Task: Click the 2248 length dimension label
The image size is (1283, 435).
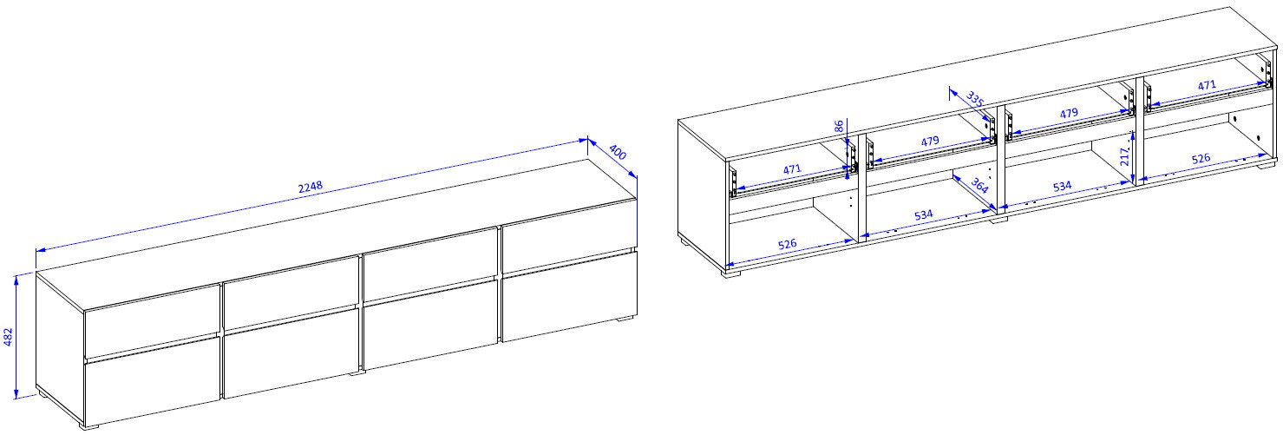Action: (x=311, y=186)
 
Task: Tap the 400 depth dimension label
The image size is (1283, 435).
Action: (x=618, y=153)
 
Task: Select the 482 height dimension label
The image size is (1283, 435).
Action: (x=9, y=337)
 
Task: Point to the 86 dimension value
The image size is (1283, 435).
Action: (x=839, y=126)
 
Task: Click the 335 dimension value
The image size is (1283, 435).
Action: (x=975, y=99)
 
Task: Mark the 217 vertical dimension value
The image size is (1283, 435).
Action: (x=1125, y=156)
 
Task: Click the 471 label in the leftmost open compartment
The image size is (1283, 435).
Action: (x=791, y=169)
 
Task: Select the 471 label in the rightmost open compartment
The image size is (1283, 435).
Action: (x=1207, y=85)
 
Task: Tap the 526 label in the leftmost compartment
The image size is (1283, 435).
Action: (x=788, y=244)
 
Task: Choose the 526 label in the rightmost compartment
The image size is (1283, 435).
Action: (x=1201, y=158)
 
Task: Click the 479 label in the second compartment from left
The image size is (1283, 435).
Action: (x=930, y=141)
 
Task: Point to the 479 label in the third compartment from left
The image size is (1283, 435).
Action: (x=1069, y=113)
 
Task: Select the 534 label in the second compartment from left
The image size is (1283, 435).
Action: (x=923, y=214)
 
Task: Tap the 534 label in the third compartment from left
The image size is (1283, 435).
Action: (x=1062, y=187)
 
